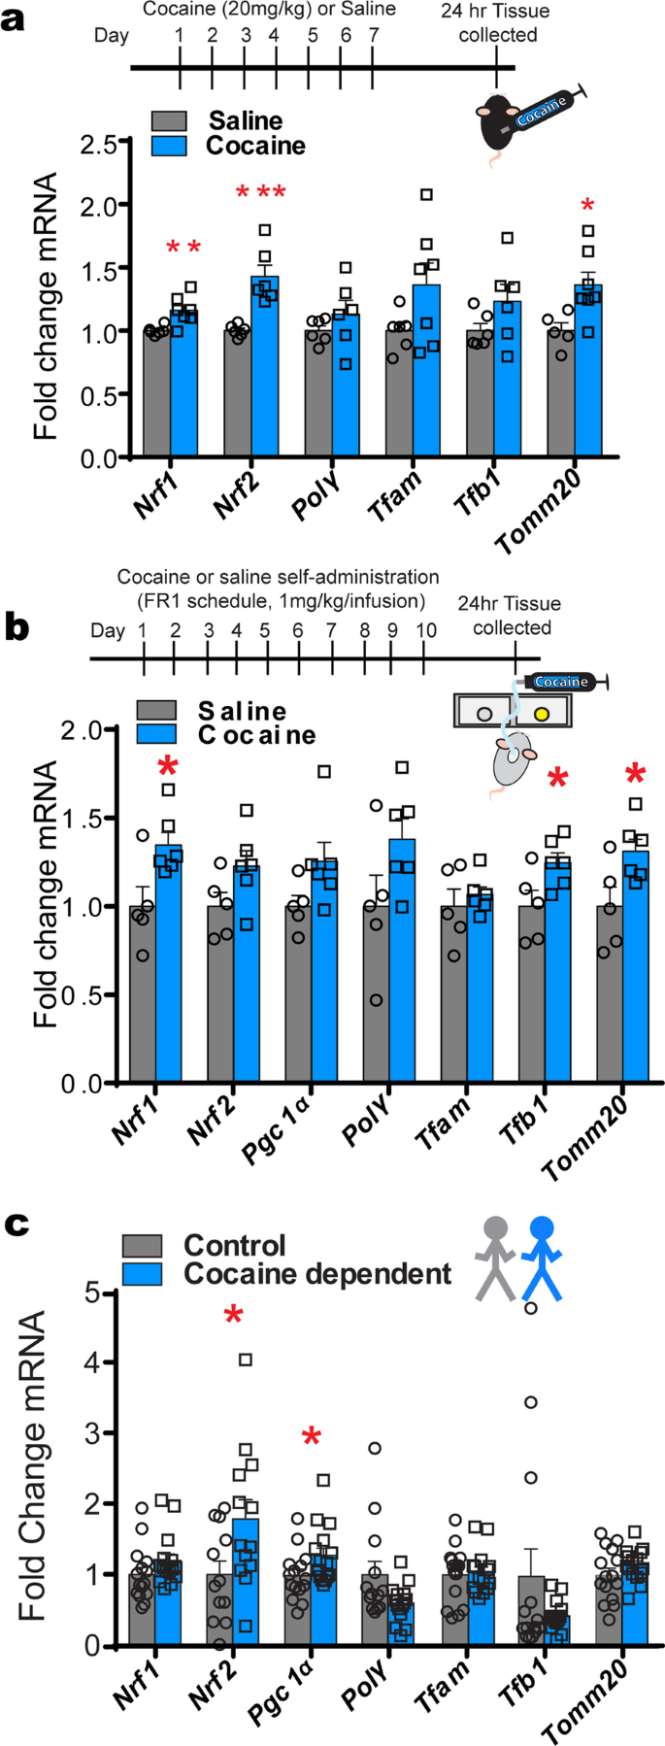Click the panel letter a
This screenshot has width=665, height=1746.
[x=14, y=18]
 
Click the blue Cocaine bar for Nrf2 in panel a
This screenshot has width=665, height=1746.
[x=264, y=369]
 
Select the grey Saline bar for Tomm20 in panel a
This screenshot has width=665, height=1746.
[x=559, y=393]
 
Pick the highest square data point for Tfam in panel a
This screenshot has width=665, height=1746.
[x=426, y=195]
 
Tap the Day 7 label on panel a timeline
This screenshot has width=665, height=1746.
[x=374, y=36]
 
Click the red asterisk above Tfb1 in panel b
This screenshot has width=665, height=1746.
[x=557, y=778]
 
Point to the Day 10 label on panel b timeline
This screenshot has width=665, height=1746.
[x=425, y=630]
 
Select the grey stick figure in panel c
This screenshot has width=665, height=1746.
[x=497, y=1259]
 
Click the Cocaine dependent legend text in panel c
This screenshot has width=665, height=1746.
[x=317, y=1273]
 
